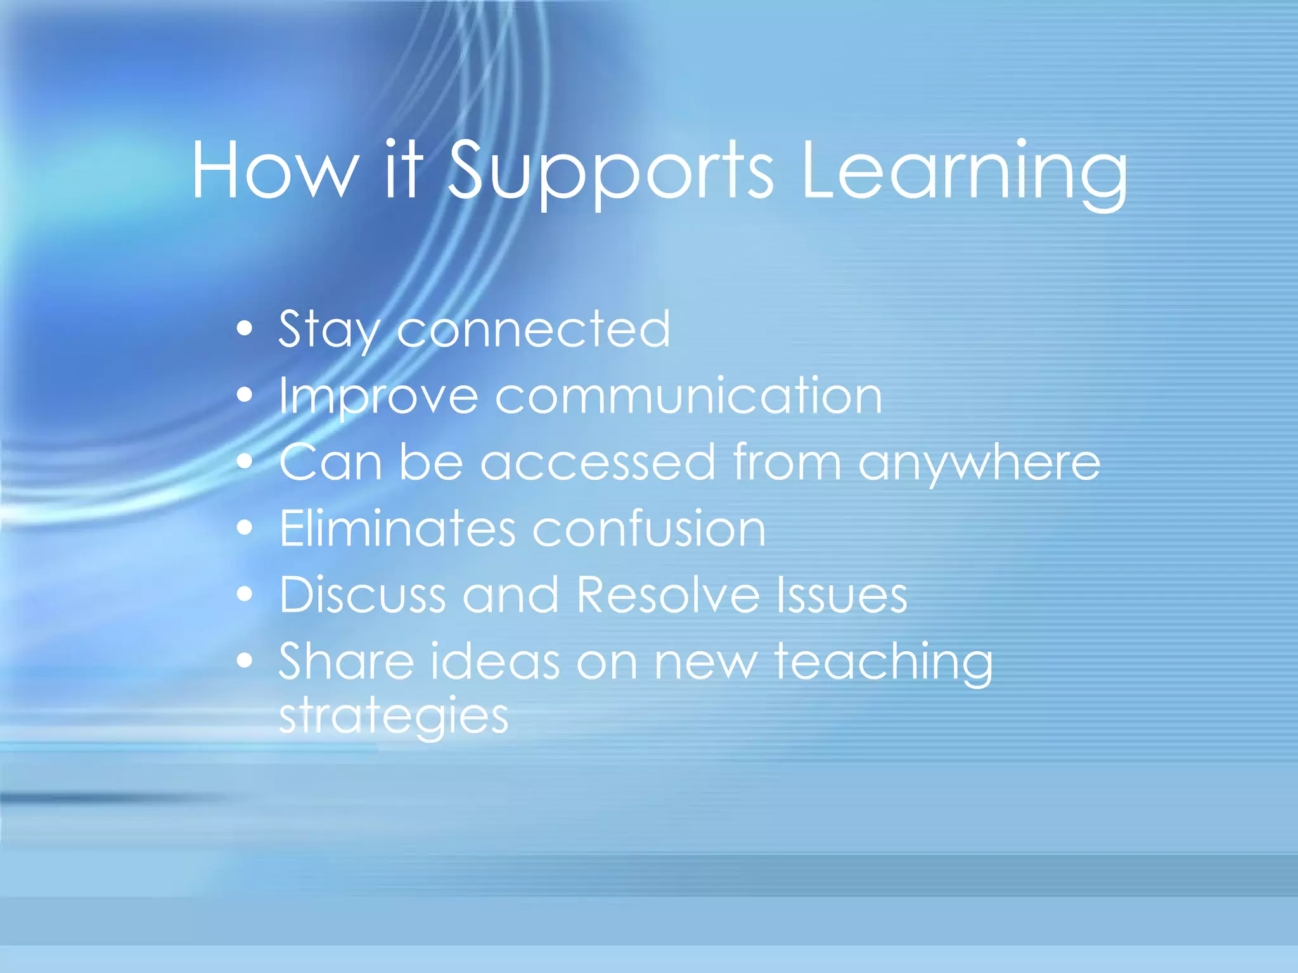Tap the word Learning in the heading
[963, 171]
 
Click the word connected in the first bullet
[533, 329]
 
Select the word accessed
[598, 462]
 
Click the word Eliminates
[397, 528]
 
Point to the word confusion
[649, 528]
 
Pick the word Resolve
[668, 595]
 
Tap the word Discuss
[362, 595]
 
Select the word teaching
[884, 663]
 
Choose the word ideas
[495, 661]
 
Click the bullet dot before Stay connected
[245, 329]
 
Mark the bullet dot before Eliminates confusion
[245, 528]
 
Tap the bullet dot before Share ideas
[245, 661]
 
